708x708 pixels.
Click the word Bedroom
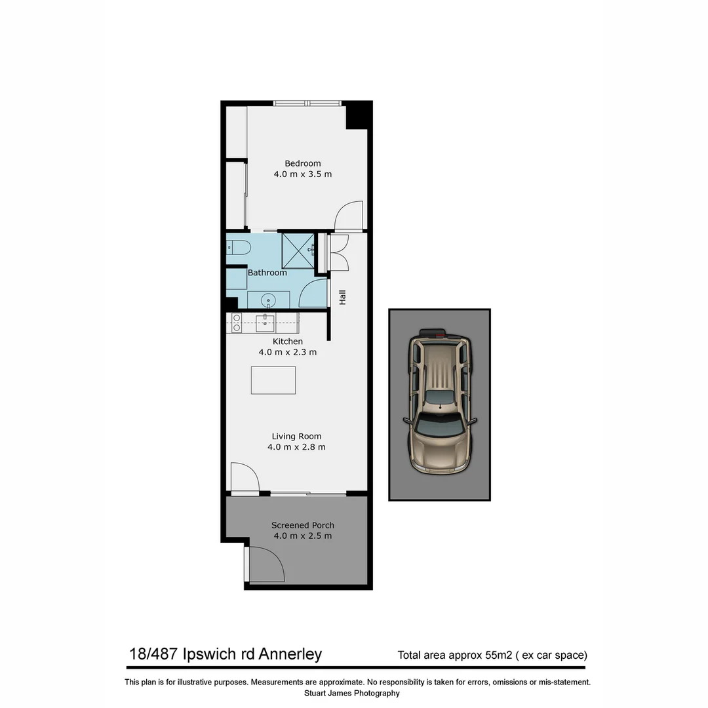click(302, 163)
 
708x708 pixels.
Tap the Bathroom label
click(267, 273)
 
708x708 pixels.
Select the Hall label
click(342, 297)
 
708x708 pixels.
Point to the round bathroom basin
click(268, 301)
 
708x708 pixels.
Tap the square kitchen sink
click(265, 322)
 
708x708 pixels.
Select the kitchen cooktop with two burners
click(236, 323)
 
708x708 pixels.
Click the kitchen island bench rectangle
click(273, 380)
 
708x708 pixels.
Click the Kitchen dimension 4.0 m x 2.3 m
click(288, 352)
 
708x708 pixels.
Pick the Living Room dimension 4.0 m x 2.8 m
click(296, 447)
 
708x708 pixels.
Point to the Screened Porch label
click(303, 525)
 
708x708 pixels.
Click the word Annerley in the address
click(290, 654)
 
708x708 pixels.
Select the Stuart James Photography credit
click(352, 693)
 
